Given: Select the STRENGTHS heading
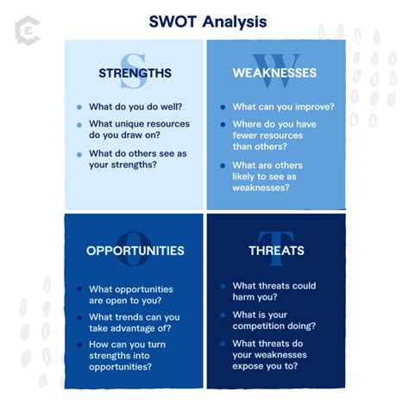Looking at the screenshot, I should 134,73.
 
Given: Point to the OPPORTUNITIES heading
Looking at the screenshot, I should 135,251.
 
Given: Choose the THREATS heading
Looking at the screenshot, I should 276,251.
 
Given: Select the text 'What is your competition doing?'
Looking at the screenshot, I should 274,326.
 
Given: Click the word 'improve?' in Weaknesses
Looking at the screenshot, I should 311,107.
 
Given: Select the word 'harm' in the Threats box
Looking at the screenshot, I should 247,298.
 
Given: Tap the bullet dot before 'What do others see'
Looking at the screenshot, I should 79,154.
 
